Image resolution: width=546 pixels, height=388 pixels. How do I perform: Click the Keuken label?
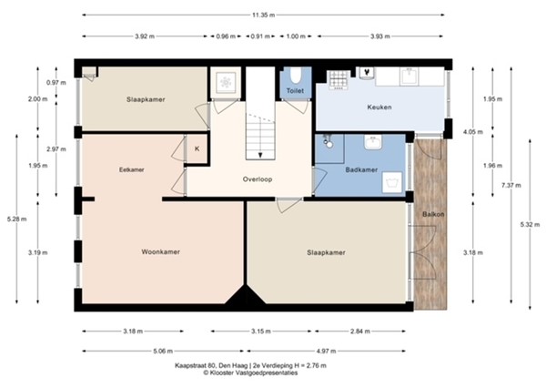[x=379, y=107]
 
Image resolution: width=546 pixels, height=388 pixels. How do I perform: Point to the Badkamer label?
[x=362, y=168]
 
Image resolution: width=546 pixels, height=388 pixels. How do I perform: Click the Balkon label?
[x=432, y=215]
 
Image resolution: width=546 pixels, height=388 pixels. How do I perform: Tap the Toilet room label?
[x=295, y=92]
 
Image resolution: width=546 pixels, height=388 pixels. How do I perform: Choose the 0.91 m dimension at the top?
[x=259, y=36]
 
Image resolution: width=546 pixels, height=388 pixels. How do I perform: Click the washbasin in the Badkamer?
[x=372, y=144]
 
